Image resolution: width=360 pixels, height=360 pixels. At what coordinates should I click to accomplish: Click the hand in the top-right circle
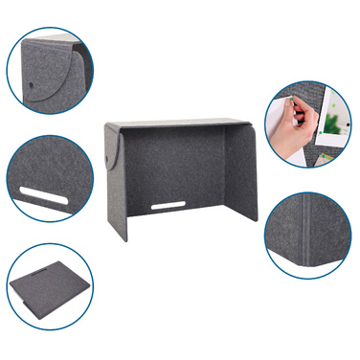point(295,134)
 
